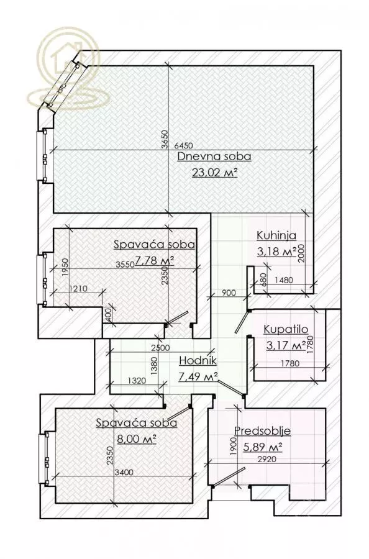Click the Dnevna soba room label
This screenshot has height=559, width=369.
[207, 157]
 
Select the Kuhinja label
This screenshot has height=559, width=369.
[276, 235]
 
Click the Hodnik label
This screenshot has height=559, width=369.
[198, 360]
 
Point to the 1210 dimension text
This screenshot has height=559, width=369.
[78, 289]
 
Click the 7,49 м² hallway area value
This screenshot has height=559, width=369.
[198, 376]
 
